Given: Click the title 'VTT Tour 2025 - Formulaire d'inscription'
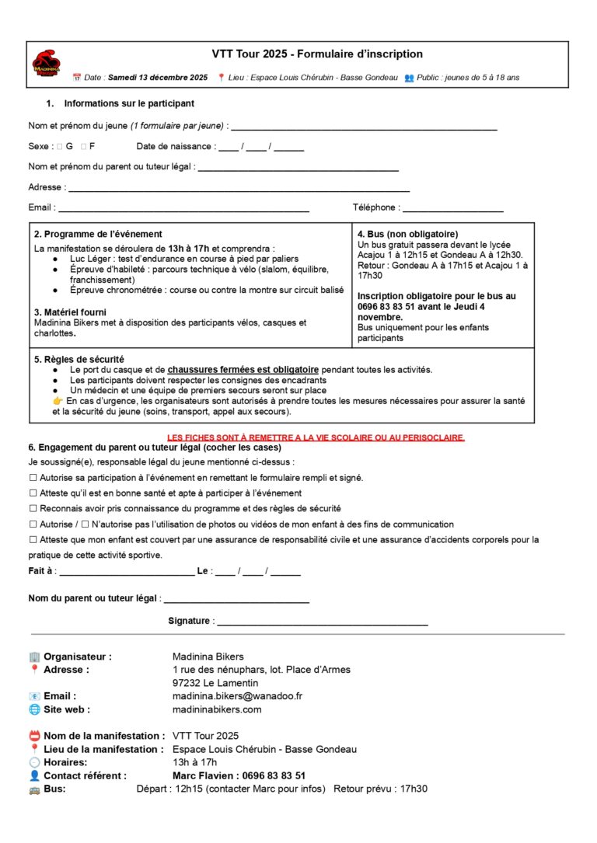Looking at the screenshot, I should pyautogui.click(x=317, y=54).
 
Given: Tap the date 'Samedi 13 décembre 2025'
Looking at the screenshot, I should pyautogui.click(x=158, y=78).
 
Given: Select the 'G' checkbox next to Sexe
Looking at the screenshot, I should pyautogui.click(x=59, y=146).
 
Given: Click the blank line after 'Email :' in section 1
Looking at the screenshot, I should pyautogui.click(x=184, y=209).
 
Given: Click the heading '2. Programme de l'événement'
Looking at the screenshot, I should pyautogui.click(x=98, y=235).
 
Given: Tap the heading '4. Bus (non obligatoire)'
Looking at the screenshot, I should pyautogui.click(x=407, y=235).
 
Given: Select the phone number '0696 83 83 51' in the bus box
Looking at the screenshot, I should pyautogui.click(x=387, y=307).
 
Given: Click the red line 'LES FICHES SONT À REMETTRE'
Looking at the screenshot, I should pyautogui.click(x=316, y=438).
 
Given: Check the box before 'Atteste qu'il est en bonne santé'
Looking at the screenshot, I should pyautogui.click(x=33, y=493).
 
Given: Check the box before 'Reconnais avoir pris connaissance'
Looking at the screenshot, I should pyautogui.click(x=33, y=509).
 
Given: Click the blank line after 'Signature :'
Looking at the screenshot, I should pyautogui.click(x=322, y=622).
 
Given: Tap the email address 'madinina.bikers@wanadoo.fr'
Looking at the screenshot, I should pyautogui.click(x=237, y=696).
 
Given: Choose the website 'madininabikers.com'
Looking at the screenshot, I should pyautogui.click(x=217, y=709).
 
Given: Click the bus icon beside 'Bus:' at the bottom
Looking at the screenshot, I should pyautogui.click(x=33, y=789).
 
